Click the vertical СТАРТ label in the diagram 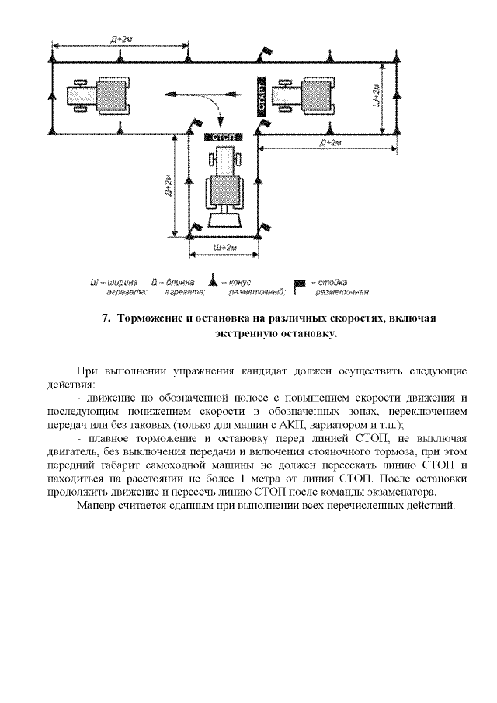(x=262, y=96)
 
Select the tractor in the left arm (x=92, y=96)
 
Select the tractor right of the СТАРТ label (x=315, y=96)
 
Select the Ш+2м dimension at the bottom (x=224, y=247)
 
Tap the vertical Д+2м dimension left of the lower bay (x=168, y=186)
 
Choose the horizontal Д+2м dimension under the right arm (x=330, y=144)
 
